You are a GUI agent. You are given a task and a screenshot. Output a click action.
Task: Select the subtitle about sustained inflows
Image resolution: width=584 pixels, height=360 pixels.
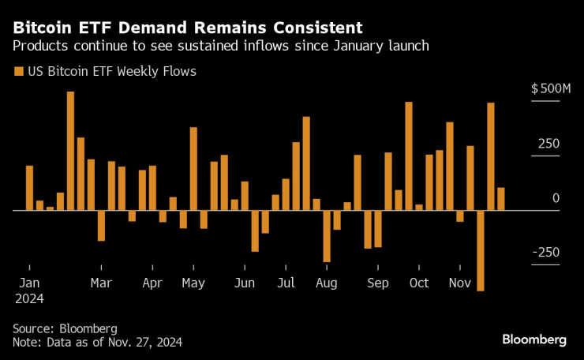click(221, 46)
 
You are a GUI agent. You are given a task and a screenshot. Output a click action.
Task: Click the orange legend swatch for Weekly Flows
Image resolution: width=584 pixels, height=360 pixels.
click(18, 72)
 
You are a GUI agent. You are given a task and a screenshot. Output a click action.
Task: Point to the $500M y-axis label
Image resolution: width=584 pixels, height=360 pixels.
click(551, 90)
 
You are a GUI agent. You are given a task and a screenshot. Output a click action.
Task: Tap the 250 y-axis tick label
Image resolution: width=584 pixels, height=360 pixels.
click(549, 144)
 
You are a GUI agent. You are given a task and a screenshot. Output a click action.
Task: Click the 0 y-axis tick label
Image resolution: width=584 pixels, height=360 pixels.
click(556, 198)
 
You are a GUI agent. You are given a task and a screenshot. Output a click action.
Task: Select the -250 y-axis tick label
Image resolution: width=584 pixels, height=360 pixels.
click(545, 252)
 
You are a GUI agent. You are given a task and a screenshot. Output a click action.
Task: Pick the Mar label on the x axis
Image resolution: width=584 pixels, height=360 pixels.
click(101, 283)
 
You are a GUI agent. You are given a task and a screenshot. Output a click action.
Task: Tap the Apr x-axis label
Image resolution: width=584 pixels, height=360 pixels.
click(152, 283)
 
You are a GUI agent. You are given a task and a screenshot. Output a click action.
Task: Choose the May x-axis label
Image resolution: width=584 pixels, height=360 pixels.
click(193, 283)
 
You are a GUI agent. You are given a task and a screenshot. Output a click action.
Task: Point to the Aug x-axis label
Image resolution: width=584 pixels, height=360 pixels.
click(326, 283)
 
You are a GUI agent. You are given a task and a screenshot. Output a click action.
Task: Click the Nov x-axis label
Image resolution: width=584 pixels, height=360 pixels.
click(459, 283)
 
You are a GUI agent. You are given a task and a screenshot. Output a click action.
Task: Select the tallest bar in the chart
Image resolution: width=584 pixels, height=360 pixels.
click(70, 151)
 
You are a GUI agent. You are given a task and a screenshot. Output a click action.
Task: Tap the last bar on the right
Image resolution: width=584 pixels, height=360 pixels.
click(500, 199)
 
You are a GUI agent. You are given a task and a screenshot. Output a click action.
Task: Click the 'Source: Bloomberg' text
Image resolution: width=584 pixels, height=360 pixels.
click(65, 328)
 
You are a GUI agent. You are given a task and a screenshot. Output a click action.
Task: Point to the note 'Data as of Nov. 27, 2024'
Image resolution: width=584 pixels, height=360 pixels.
click(97, 342)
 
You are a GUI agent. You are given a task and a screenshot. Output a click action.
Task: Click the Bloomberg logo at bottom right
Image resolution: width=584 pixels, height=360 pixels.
click(534, 339)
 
